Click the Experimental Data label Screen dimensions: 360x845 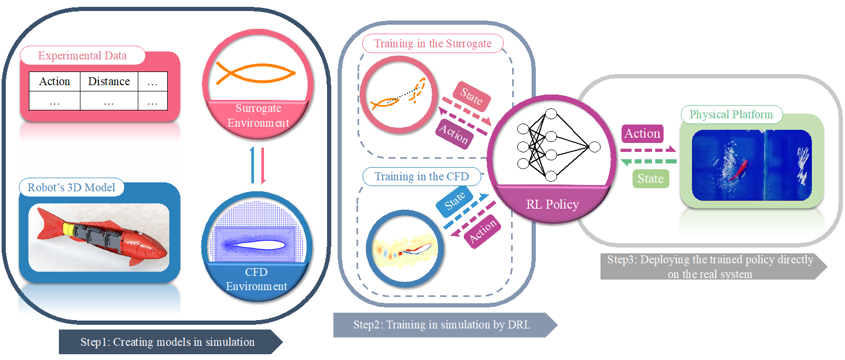[82, 56]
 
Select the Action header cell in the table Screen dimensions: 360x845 [55, 81]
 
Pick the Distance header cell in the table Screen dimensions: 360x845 [109, 81]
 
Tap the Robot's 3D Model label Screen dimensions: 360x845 [71, 188]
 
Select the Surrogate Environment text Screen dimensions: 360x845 [258, 116]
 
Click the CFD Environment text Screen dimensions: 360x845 [257, 279]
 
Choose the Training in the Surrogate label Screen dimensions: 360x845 [433, 44]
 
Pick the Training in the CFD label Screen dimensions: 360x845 [422, 177]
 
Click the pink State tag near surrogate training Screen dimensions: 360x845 [472, 96]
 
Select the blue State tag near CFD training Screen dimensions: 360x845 [455, 200]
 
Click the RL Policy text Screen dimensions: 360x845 [552, 204]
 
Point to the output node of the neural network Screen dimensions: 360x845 [595, 147]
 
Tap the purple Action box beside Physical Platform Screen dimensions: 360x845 [642, 133]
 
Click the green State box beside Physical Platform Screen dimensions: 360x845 [650, 179]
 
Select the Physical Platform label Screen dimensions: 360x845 [731, 115]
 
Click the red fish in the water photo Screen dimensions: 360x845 [741, 168]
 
